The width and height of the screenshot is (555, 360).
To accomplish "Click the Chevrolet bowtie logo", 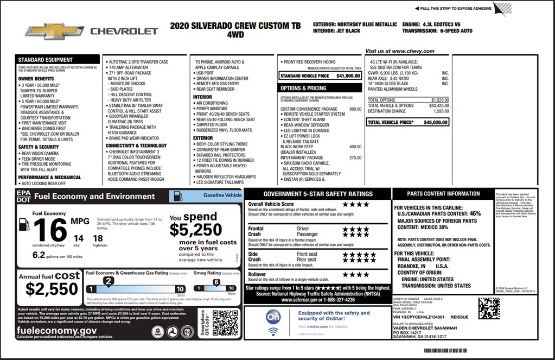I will pyautogui.click(x=54, y=31).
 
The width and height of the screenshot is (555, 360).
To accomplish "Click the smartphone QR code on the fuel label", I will pyautogui.click(x=225, y=324).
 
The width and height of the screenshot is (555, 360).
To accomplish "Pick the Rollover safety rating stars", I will pyautogui.click(x=355, y=275).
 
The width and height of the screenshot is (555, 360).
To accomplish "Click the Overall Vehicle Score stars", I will pyautogui.click(x=355, y=204).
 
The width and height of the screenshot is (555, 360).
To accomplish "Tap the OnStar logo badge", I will pyautogui.click(x=273, y=316).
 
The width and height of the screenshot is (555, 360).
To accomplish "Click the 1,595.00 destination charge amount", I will pyautogui.click(x=441, y=111).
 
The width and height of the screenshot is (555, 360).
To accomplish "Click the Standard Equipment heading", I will pyautogui.click(x=46, y=60).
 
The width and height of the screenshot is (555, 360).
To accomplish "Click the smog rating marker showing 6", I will pyautogui.click(x=216, y=282).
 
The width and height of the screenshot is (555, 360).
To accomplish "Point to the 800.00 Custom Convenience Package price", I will pyautogui.click(x=355, y=109).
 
